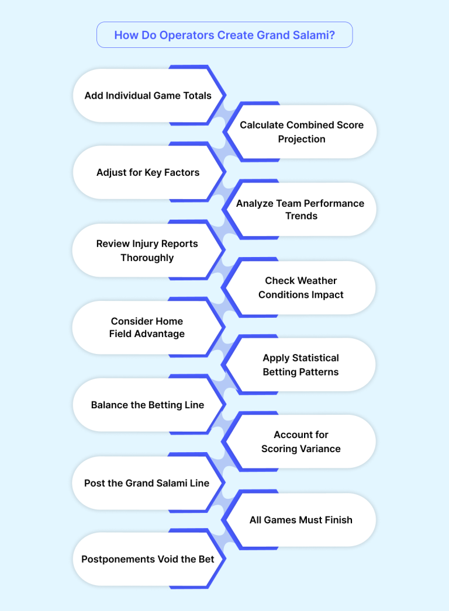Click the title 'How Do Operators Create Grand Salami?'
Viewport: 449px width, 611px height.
224,35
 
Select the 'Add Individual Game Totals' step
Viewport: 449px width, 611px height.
148,95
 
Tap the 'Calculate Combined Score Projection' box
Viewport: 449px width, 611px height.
302,132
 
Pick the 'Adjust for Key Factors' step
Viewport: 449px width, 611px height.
148,172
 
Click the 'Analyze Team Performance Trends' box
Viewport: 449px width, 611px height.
301,209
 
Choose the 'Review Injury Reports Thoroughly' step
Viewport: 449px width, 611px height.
147,250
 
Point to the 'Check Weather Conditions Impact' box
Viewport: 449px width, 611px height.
301,287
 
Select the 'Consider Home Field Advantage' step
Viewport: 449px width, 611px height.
147,327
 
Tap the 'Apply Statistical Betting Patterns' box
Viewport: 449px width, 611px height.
301,364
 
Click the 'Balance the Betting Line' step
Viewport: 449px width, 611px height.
147,405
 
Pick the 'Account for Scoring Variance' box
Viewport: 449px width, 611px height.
301,442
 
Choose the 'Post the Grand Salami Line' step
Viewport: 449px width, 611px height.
147,483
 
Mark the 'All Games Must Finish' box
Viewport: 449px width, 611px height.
301,520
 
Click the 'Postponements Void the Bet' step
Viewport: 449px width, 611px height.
147,559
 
